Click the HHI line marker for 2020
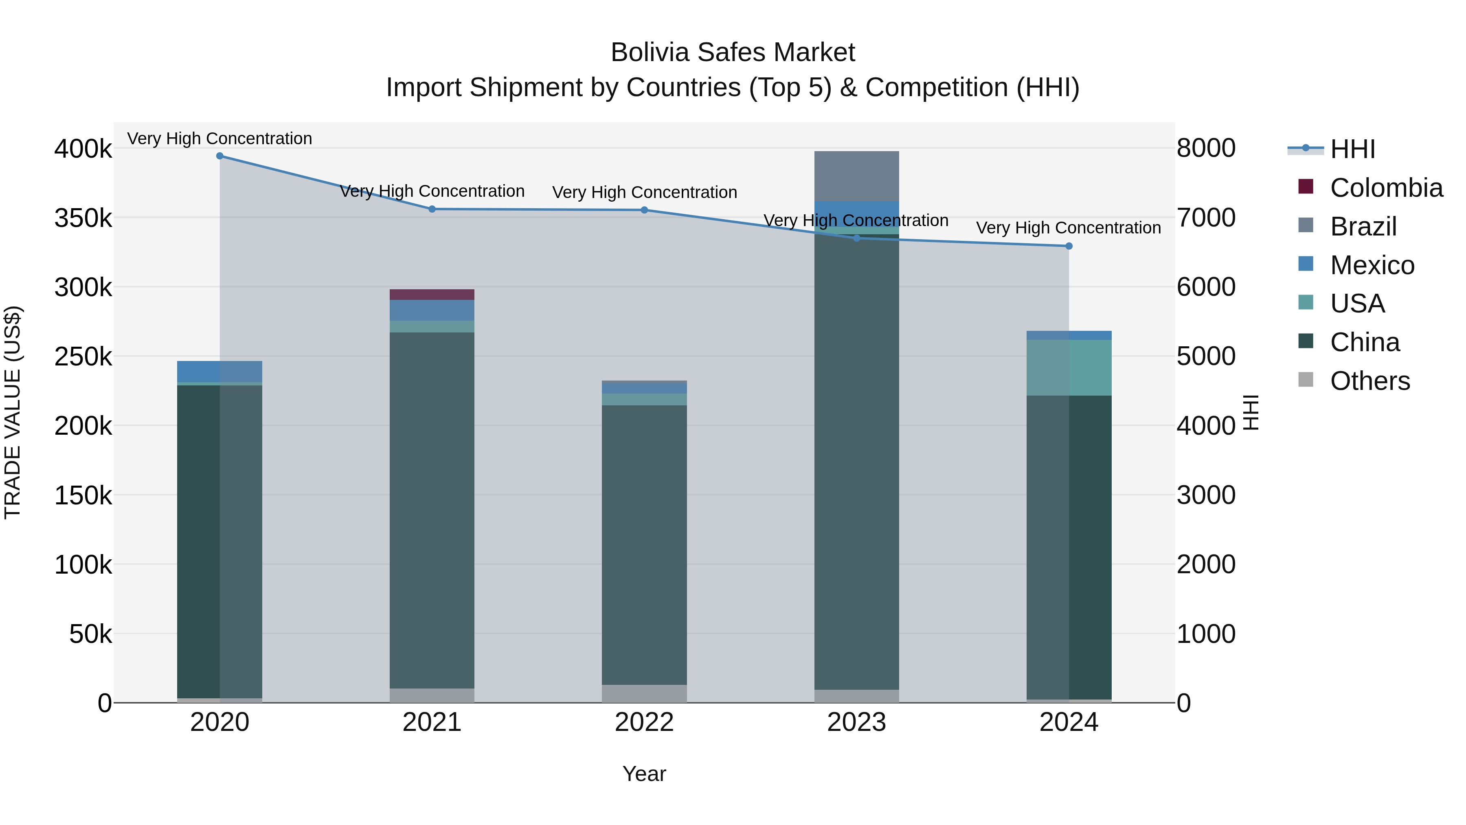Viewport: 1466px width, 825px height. coord(219,156)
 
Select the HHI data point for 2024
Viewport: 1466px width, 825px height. coord(1069,246)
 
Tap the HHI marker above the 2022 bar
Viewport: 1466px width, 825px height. coord(644,210)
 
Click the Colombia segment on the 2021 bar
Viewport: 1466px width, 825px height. coord(432,295)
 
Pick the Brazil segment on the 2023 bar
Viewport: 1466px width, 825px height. coord(856,176)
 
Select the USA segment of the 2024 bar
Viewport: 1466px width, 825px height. coord(1069,367)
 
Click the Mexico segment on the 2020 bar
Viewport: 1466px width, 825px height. coord(219,371)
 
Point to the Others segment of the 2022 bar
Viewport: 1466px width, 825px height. coord(644,693)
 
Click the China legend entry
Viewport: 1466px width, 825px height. coord(1364,342)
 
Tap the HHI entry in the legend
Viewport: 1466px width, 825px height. coord(1352,149)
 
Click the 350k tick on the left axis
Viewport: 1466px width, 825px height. coord(83,218)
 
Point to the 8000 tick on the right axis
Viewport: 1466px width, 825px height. coord(1206,148)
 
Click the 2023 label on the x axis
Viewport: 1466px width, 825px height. coord(856,722)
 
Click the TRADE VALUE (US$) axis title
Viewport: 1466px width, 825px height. coord(13,412)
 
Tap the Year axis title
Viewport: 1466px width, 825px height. coord(644,774)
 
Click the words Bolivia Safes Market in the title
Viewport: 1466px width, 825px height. coord(733,53)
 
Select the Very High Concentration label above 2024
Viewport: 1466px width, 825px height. coord(1068,228)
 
